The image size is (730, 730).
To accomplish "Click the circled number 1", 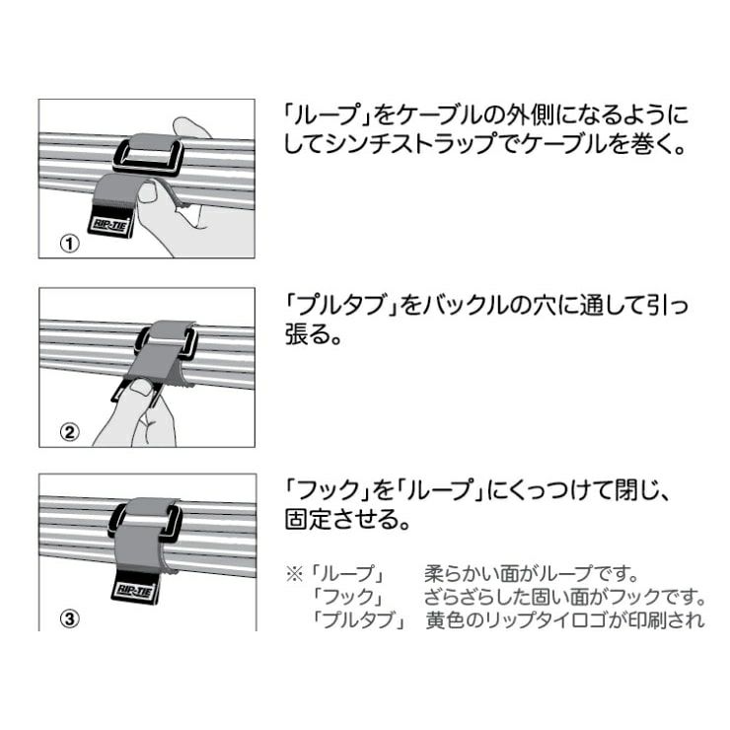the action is pyautogui.click(x=70, y=243).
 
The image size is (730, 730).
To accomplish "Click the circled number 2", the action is pyautogui.click(x=70, y=432).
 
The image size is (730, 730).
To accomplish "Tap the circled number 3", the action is pyautogui.click(x=70, y=619).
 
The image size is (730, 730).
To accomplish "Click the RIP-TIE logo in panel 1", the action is pyautogui.click(x=109, y=225).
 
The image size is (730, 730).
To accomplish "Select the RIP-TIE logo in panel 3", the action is pyautogui.click(x=133, y=591).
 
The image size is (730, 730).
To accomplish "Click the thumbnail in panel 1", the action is pyautogui.click(x=149, y=191).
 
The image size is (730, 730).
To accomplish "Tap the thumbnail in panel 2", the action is pyautogui.click(x=141, y=387).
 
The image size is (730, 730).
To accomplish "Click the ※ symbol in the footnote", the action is pyautogui.click(x=295, y=574).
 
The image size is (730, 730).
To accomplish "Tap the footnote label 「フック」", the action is pyautogui.click(x=349, y=597).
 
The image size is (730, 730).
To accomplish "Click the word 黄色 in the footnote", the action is pyautogui.click(x=445, y=620).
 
